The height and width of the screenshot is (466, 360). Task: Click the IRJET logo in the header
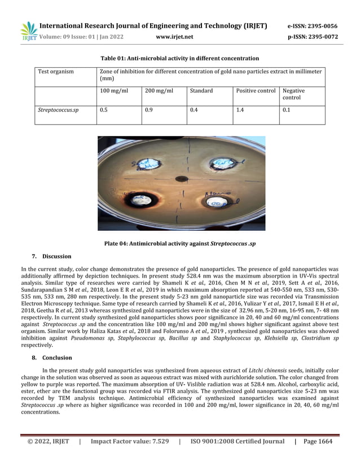(x=28, y=31)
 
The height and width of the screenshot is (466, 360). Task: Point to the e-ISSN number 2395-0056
(x=313, y=26)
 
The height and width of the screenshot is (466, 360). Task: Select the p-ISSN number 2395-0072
(x=313, y=37)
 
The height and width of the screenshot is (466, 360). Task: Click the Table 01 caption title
(x=179, y=59)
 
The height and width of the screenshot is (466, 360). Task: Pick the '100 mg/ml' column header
(x=113, y=91)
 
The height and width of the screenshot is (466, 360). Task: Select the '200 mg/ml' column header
(x=159, y=91)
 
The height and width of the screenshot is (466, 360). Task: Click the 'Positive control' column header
(x=256, y=91)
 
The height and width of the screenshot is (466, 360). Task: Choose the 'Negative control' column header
(x=293, y=94)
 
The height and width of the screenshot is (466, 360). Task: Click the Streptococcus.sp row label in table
(x=58, y=111)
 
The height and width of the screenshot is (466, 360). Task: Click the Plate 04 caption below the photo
(x=180, y=244)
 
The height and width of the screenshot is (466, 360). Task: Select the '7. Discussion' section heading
(x=51, y=257)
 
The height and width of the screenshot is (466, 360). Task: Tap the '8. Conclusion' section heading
(x=51, y=358)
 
